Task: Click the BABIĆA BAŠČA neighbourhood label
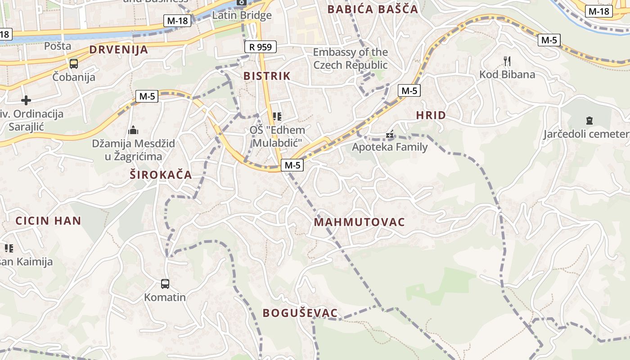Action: pyautogui.click(x=372, y=9)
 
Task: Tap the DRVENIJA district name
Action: pyautogui.click(x=118, y=49)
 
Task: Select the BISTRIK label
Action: pyautogui.click(x=267, y=76)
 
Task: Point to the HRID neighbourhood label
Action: pyautogui.click(x=431, y=115)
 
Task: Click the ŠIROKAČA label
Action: pyautogui.click(x=161, y=175)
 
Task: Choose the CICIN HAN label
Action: pyautogui.click(x=48, y=220)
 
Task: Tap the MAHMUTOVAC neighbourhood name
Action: pyautogui.click(x=359, y=222)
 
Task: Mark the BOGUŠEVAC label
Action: pyautogui.click(x=300, y=313)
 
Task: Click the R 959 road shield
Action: pyautogui.click(x=261, y=47)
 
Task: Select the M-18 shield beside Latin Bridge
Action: pyautogui.click(x=178, y=20)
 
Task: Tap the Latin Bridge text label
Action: pyautogui.click(x=242, y=15)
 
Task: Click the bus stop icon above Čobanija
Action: pyautogui.click(x=73, y=64)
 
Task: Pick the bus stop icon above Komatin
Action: pyautogui.click(x=165, y=284)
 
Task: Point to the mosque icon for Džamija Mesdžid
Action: pyautogui.click(x=133, y=130)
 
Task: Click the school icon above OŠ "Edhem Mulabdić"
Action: pyautogui.click(x=277, y=117)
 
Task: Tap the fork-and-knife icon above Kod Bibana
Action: pyautogui.click(x=507, y=61)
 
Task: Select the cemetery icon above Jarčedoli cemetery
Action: pyautogui.click(x=589, y=120)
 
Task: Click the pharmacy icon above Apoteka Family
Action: pyautogui.click(x=390, y=134)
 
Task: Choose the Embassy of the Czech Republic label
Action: pyautogui.click(x=350, y=58)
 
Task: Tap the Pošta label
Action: pyautogui.click(x=58, y=46)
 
